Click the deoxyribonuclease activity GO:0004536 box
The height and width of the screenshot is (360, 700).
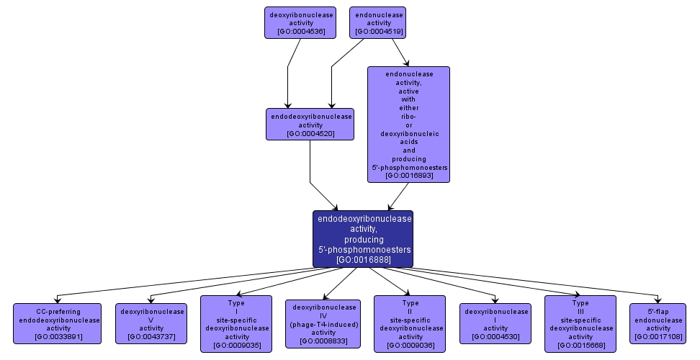coord(296,22)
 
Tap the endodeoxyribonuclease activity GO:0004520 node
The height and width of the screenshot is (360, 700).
coord(310,124)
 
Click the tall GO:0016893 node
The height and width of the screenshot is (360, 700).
coord(408,124)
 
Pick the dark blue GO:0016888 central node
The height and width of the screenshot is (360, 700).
coord(363,238)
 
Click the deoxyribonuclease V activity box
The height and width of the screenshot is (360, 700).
coord(151,323)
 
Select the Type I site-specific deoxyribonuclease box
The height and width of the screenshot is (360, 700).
coord(236,323)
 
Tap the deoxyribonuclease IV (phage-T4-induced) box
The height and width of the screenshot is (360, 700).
coord(322,323)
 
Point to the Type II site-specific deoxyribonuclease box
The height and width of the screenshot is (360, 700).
coord(410,323)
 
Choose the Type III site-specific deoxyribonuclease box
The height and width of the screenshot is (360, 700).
coord(580,323)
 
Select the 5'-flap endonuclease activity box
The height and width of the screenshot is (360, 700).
coord(658,323)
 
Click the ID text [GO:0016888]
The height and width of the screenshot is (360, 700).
coord(363,259)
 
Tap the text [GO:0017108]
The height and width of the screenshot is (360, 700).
coord(658,336)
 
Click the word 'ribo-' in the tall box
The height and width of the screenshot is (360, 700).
coord(408,115)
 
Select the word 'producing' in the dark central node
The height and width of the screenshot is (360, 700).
coord(363,238)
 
